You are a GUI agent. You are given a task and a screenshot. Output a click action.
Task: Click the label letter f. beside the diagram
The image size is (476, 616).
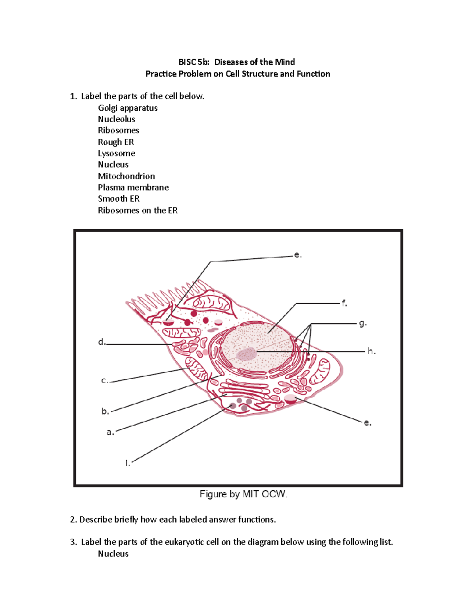coord(344,304)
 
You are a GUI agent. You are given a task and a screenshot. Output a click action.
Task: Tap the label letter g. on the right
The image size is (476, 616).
coord(363,324)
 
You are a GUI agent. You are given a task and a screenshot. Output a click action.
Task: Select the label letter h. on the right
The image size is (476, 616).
coord(371,351)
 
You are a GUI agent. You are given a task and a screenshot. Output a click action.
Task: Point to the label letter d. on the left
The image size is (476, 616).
coord(102,342)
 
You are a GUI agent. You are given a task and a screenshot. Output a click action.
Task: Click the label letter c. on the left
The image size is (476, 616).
coord(104,381)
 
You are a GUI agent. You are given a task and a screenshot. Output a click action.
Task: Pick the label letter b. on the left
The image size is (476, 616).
coord(105,411)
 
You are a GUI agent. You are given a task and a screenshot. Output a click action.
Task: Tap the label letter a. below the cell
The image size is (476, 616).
coord(110,432)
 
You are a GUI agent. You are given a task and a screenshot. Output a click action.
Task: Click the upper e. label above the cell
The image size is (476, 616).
coord(297,255)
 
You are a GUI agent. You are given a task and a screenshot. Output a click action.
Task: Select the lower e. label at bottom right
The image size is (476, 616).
coord(368,423)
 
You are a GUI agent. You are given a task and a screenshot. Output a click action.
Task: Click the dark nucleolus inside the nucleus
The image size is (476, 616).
coord(246,353)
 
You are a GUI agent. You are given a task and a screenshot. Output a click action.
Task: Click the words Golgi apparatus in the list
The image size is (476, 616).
coord(128,108)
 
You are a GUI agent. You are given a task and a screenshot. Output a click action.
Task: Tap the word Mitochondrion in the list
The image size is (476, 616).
coord(126,176)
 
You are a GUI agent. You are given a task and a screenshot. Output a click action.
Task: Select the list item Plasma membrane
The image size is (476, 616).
coord(133,187)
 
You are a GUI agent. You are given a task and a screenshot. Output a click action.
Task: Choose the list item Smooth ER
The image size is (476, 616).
coord(119,199)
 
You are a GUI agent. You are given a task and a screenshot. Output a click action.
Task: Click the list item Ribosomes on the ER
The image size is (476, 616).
coord(138,210)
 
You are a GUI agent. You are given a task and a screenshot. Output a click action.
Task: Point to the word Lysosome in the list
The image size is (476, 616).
coord(116,153)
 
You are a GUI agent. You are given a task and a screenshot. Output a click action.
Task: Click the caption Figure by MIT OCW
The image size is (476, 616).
coord(243,494)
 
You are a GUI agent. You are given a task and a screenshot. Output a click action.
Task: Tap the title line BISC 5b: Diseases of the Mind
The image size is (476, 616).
coord(236,62)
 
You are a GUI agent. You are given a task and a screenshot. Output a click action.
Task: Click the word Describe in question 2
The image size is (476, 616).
coord(96,520)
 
